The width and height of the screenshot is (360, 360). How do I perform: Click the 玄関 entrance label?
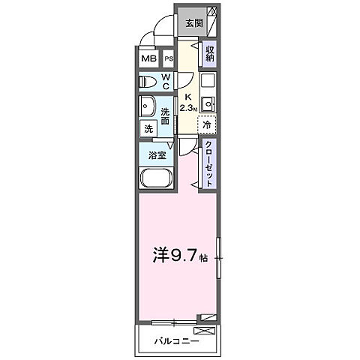click(x=194, y=22)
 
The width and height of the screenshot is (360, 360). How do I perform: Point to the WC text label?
click(x=167, y=81)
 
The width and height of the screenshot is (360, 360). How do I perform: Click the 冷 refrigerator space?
click(x=207, y=127)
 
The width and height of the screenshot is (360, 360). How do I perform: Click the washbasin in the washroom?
click(x=148, y=106)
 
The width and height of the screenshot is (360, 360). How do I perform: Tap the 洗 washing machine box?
click(x=148, y=128)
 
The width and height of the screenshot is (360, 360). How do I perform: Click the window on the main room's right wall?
click(x=219, y=259)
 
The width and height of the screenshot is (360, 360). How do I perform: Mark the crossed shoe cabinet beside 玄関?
click(x=213, y=22)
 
